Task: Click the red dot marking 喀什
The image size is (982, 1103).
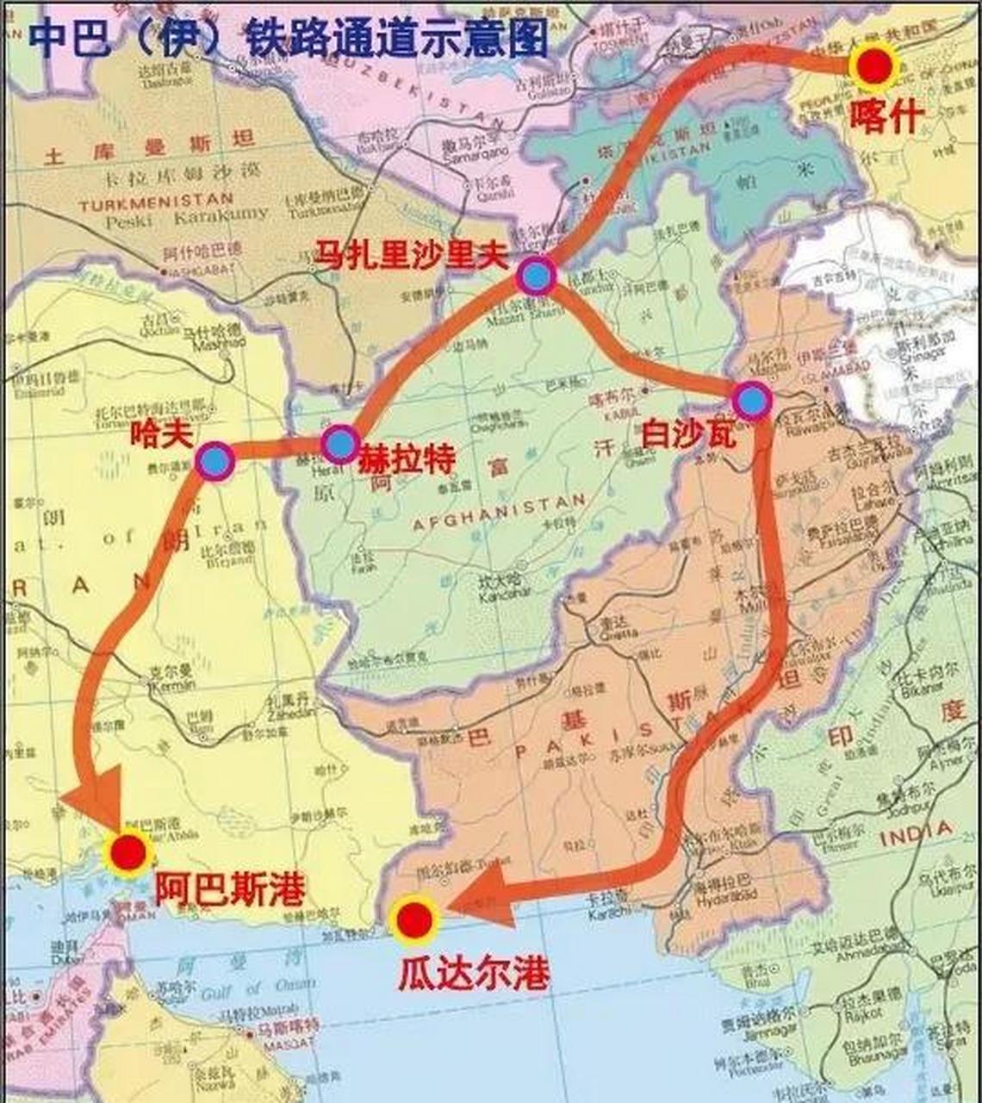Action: (873, 66)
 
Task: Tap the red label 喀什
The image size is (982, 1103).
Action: (887, 115)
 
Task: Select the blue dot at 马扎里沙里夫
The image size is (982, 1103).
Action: (536, 277)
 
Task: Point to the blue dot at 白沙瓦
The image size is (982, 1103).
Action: (752, 401)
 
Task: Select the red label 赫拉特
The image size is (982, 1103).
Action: (406, 458)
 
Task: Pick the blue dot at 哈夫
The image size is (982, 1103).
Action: (214, 461)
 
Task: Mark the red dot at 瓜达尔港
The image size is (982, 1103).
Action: (414, 919)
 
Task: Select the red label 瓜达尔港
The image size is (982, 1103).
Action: (473, 973)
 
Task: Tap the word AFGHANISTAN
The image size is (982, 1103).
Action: (499, 514)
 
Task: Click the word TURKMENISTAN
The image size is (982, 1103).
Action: (156, 203)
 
